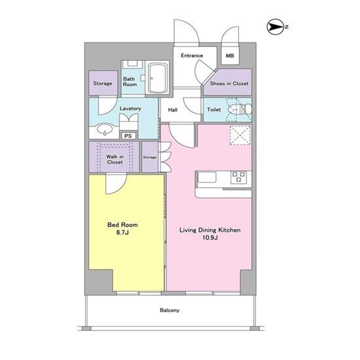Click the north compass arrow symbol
pyautogui.click(x=276, y=27)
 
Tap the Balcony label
pyautogui.click(x=170, y=310)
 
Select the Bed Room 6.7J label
pyautogui.click(x=122, y=228)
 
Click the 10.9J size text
pyautogui.click(x=210, y=238)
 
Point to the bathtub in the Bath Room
pyautogui.click(x=158, y=78)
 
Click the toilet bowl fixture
pyautogui.click(x=240, y=109)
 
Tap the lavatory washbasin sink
pyautogui.click(x=105, y=129)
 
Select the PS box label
pyautogui.click(x=128, y=136)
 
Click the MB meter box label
pyautogui.click(x=230, y=56)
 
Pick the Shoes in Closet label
pyautogui.click(x=229, y=84)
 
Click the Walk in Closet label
pyautogui.click(x=115, y=159)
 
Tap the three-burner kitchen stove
pyautogui.click(x=238, y=177)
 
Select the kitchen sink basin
pyautogui.click(x=207, y=177)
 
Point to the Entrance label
pyautogui.click(x=192, y=56)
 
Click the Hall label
pyautogui.click(x=173, y=110)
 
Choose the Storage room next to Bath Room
pyautogui.click(x=103, y=83)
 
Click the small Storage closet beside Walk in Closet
pyautogui.click(x=150, y=157)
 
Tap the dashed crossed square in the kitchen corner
pyautogui.click(x=240, y=135)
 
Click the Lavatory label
pyautogui.click(x=130, y=109)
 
